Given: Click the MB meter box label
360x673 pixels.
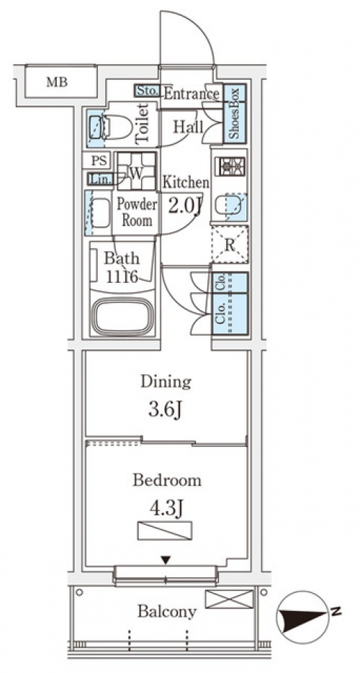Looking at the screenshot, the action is tap(57, 82).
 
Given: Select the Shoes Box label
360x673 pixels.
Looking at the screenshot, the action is tap(235, 114).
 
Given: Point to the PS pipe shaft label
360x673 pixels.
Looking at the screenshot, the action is tap(99, 161).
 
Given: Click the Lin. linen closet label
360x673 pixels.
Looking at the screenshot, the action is tap(100, 178).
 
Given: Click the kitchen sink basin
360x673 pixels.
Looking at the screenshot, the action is tap(230, 207).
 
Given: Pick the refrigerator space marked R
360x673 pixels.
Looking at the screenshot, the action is tap(230, 245).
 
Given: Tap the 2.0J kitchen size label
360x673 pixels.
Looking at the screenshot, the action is tap(185, 207).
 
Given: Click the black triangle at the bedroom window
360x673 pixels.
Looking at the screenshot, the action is tap(166, 560).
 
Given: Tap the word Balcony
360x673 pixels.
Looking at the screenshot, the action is tap(167, 611).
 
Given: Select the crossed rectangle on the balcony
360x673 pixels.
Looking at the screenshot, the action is tap(229, 599).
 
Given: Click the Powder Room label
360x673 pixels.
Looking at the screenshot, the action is tap(138, 212).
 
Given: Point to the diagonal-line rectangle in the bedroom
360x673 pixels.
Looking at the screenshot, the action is tap(165, 530).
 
